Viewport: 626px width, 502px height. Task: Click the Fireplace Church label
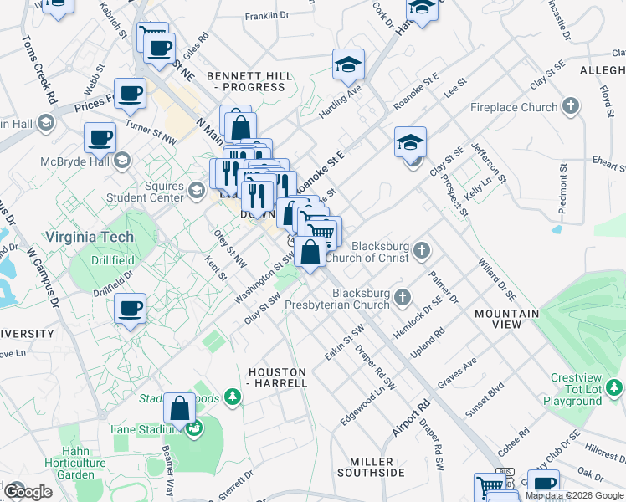[513, 107]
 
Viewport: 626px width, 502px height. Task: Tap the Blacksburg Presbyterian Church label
[361, 300]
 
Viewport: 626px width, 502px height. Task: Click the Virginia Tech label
[90, 238]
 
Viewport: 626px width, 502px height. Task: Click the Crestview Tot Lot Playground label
[576, 390]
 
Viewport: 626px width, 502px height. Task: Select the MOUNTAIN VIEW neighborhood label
[506, 319]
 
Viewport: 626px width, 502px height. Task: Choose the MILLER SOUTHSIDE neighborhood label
[371, 468]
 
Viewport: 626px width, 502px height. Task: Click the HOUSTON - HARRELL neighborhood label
[278, 376]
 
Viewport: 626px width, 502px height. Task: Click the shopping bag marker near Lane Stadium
[179, 409]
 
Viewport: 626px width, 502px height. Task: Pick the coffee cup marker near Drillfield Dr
[131, 309]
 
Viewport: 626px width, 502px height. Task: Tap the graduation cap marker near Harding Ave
[348, 64]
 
